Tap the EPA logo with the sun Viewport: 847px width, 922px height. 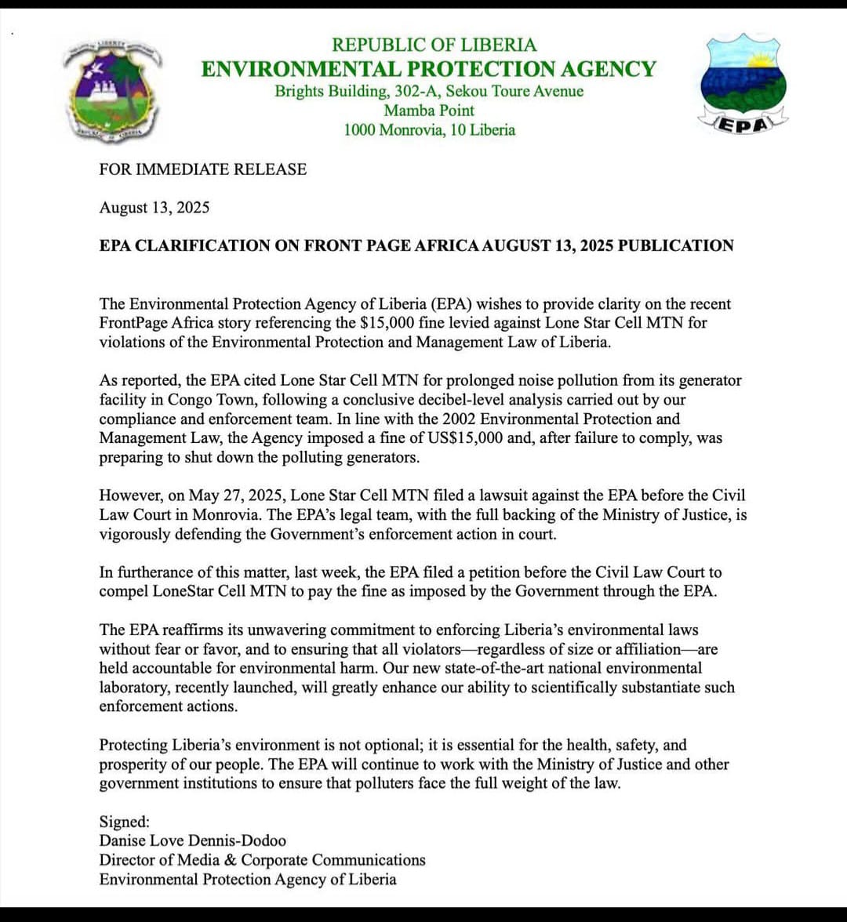coord(742,82)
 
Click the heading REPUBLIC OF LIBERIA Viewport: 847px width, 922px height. coord(434,45)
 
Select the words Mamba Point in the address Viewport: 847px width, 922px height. coord(429,111)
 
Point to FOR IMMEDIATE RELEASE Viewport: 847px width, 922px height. coord(203,169)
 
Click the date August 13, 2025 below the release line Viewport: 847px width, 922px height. coord(154,208)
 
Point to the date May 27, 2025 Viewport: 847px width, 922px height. coord(221,495)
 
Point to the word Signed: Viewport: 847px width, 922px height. coord(124,822)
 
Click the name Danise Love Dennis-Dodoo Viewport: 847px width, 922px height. coord(193,840)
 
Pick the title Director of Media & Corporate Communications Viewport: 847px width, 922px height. coord(262,860)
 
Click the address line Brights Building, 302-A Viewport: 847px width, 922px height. coord(358,92)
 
